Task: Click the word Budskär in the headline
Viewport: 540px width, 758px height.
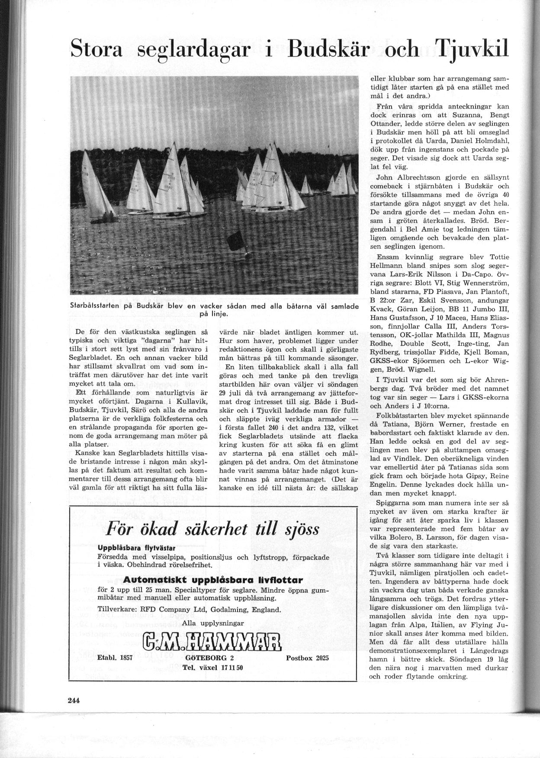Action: pyautogui.click(x=328, y=50)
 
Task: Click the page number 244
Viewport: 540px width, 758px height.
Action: pyautogui.click(x=74, y=701)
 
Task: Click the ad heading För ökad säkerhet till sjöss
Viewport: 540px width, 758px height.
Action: pyautogui.click(x=213, y=529)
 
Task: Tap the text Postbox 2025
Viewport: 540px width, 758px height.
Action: pyautogui.click(x=307, y=658)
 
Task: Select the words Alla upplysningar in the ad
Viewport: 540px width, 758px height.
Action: pyautogui.click(x=213, y=623)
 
